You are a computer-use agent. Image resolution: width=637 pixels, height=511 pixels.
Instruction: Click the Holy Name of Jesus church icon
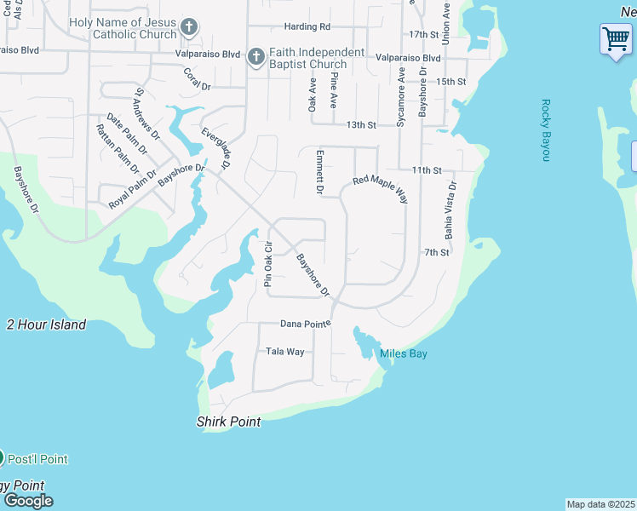(x=189, y=28)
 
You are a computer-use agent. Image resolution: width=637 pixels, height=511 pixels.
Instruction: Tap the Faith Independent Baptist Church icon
(x=255, y=58)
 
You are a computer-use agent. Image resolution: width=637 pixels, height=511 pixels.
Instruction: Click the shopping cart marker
(x=616, y=38)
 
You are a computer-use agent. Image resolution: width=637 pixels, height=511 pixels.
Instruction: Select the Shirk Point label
(x=228, y=422)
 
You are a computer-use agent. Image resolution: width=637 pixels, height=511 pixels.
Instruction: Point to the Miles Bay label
(x=404, y=353)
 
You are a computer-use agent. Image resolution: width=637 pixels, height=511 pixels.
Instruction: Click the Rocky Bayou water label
(x=546, y=130)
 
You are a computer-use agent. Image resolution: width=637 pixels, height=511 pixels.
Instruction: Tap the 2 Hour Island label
(x=46, y=324)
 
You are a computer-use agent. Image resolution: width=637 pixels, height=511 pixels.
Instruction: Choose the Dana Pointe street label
(x=305, y=324)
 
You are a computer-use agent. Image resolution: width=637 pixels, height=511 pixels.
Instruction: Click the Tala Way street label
(x=284, y=351)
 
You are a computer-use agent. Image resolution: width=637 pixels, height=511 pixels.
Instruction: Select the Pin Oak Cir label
(x=267, y=266)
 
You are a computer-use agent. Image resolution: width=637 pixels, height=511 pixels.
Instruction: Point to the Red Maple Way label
(x=381, y=190)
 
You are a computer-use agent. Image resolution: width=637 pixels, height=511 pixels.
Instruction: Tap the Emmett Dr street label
(x=319, y=173)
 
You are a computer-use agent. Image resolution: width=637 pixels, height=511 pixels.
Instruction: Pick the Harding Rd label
(x=307, y=27)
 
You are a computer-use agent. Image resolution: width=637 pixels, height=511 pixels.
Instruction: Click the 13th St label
(x=361, y=124)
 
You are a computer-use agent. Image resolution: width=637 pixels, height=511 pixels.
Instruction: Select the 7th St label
(x=436, y=252)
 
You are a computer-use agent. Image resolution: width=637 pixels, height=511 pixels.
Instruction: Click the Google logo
(x=28, y=501)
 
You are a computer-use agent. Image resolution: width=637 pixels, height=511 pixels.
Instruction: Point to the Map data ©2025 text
(x=600, y=504)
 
